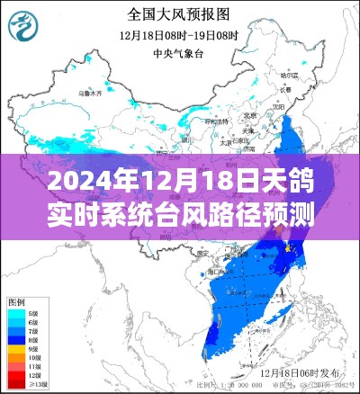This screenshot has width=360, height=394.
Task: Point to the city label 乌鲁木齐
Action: click(x=91, y=92)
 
